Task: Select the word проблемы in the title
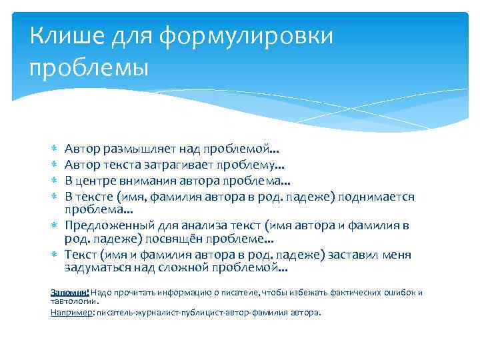[x=89, y=67]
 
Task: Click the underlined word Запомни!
[x=70, y=292]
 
